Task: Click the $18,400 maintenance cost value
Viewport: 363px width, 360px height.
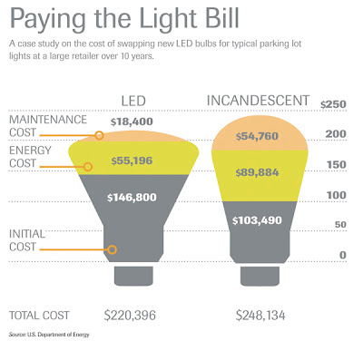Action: (132, 122)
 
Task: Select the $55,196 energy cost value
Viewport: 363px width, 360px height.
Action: (132, 161)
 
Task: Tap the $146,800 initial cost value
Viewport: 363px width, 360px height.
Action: (132, 198)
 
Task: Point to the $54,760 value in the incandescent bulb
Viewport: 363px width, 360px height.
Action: (257, 136)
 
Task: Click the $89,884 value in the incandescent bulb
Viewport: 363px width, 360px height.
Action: (257, 172)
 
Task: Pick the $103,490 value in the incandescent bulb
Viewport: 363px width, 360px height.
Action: (257, 220)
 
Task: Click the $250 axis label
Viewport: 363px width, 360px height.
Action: (333, 104)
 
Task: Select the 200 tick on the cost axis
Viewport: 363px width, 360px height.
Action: (336, 134)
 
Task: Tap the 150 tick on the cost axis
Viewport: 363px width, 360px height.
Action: (337, 165)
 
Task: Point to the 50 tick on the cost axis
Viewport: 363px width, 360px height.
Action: (340, 225)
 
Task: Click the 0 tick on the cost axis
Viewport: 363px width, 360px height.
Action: (343, 255)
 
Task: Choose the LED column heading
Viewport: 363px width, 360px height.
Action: (133, 101)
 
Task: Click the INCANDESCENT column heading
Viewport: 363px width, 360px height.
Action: (258, 101)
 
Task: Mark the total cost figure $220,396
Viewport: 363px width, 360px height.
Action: (130, 316)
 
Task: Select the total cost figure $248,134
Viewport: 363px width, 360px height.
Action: (260, 316)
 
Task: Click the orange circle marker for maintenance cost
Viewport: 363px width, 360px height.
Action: (99, 135)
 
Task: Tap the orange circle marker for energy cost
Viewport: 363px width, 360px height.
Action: (88, 167)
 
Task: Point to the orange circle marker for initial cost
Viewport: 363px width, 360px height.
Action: (112, 249)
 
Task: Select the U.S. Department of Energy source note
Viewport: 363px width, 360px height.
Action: (49, 335)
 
